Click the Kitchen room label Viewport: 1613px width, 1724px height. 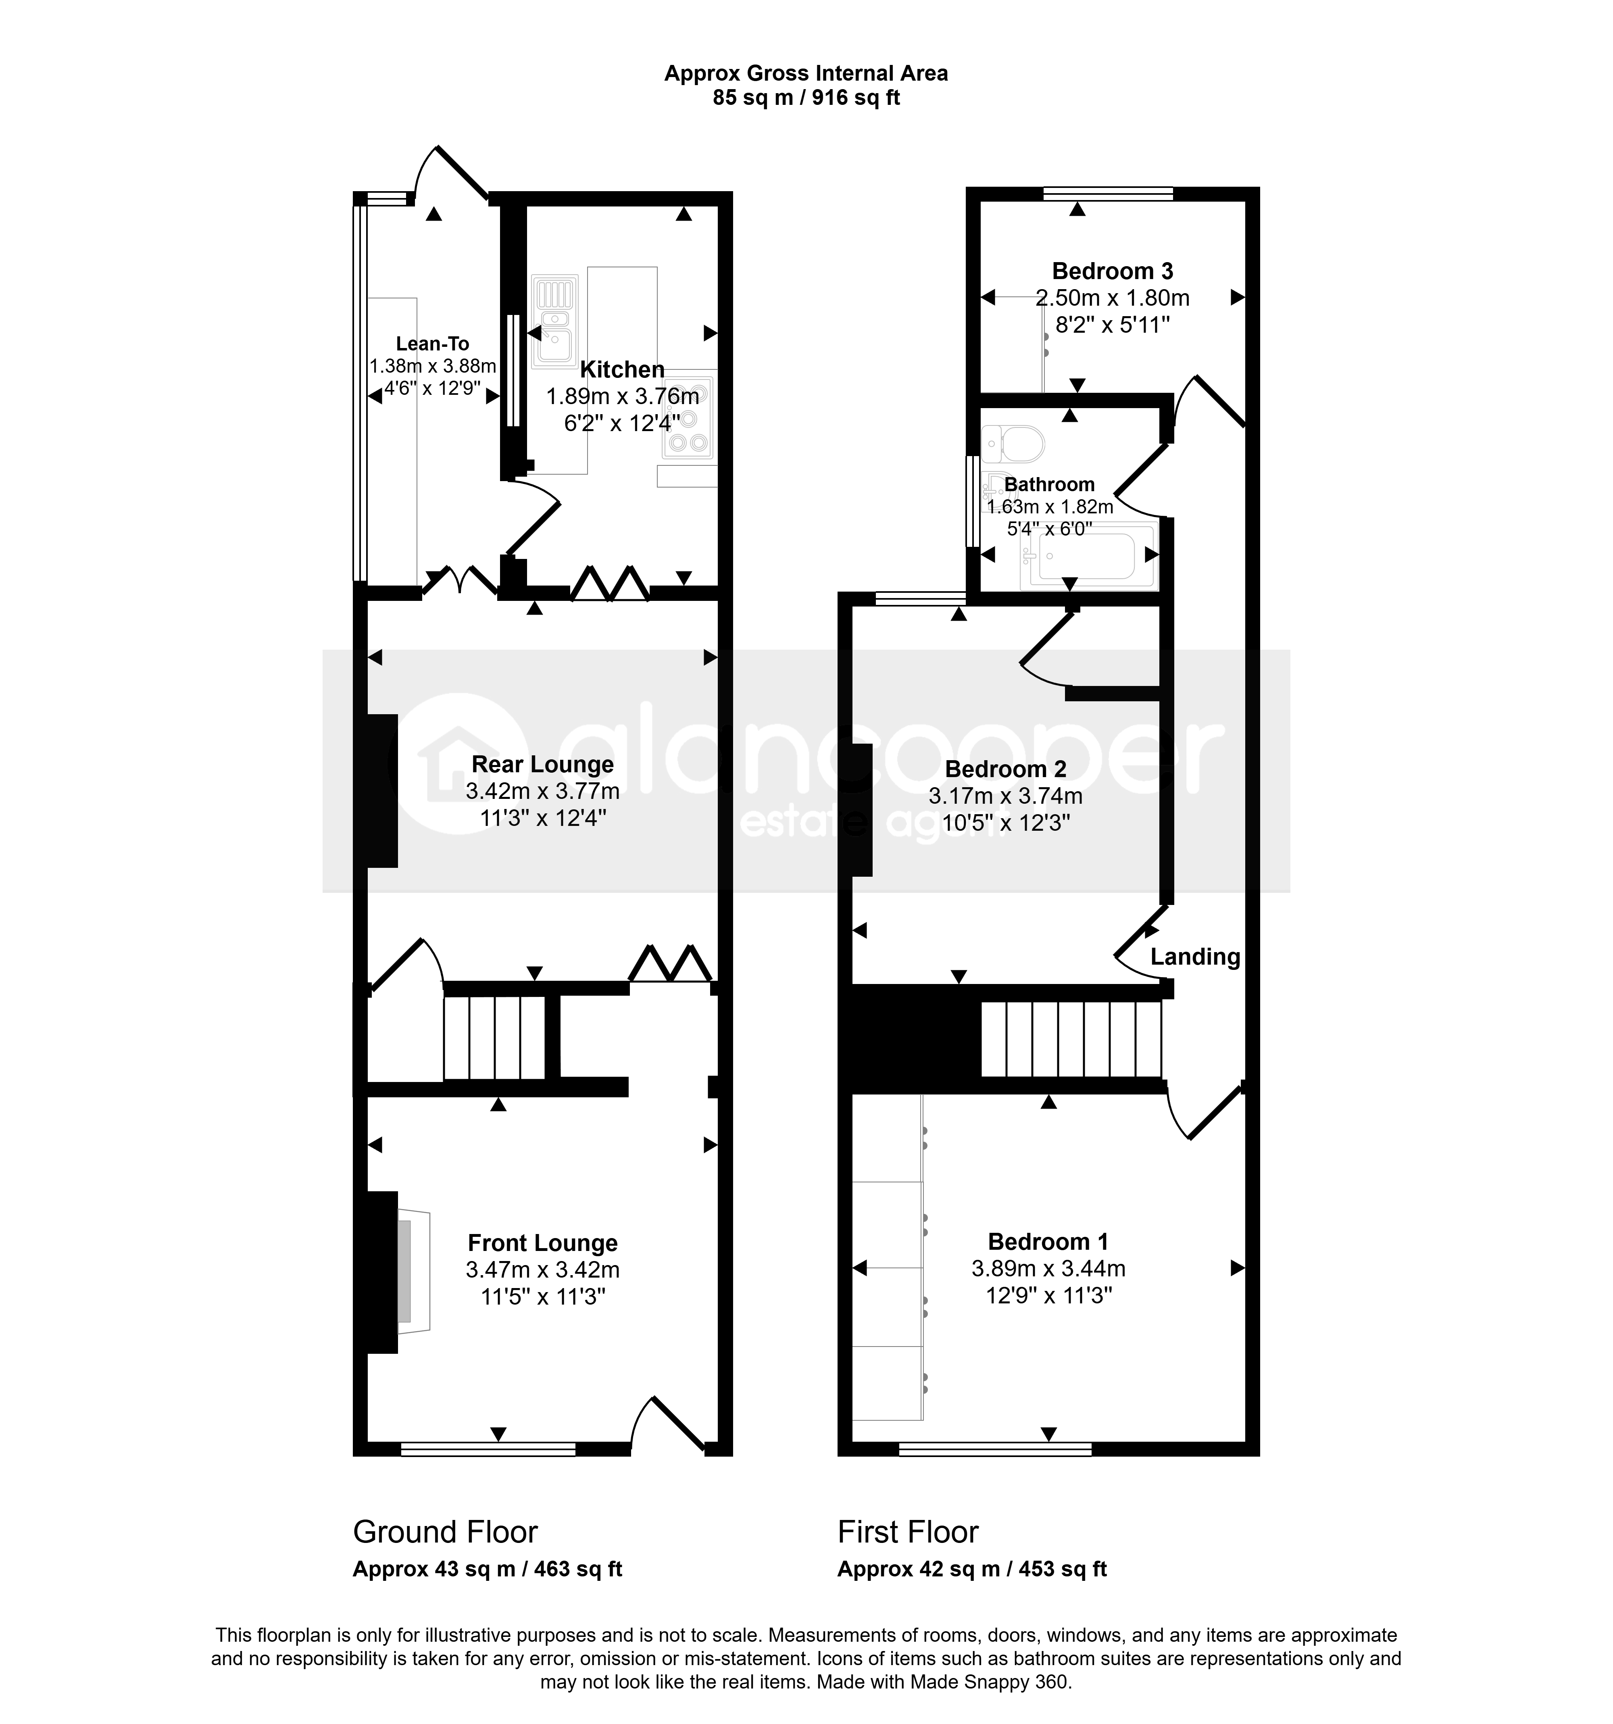(x=622, y=369)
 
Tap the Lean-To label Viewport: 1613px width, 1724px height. (x=433, y=344)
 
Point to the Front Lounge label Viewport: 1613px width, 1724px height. (x=543, y=1243)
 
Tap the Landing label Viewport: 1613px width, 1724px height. (x=1195, y=957)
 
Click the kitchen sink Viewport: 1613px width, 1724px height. (x=554, y=321)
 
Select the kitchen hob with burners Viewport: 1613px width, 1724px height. (x=689, y=417)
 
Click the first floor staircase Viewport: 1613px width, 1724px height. (x=1071, y=1039)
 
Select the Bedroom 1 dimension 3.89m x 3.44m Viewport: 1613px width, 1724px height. (x=1048, y=1269)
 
